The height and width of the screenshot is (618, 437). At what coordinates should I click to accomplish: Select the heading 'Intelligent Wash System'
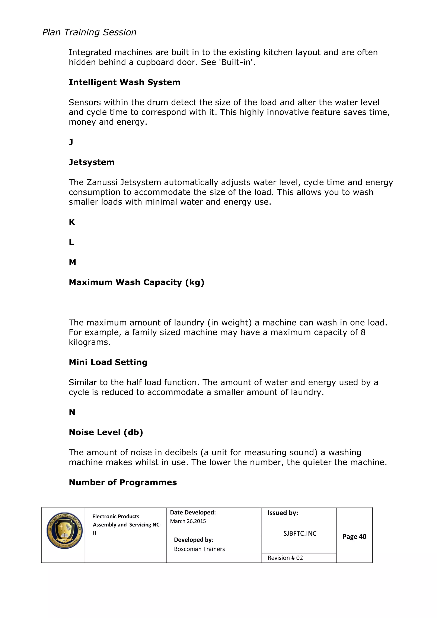[124, 82]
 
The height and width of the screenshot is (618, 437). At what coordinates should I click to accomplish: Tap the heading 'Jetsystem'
[92, 162]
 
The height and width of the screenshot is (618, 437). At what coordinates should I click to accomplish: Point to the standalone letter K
[72, 222]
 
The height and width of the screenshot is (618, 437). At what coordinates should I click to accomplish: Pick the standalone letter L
[71, 242]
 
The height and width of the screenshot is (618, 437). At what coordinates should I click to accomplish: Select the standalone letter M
[72, 262]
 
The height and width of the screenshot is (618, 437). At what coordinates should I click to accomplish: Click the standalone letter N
[72, 412]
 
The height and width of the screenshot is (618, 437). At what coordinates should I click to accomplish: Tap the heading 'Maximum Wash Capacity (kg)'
[136, 282]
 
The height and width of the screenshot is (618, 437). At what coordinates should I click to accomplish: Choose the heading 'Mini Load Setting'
[108, 362]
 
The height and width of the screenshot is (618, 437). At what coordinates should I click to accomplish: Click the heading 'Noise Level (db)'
[106, 432]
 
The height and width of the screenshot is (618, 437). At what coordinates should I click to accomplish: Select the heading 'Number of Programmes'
[123, 482]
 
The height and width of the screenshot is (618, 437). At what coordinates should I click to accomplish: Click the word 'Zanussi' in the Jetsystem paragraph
[102, 183]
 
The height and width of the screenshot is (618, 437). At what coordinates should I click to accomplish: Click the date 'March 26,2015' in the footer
[188, 521]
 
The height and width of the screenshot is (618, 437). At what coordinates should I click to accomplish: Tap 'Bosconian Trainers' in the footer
[199, 549]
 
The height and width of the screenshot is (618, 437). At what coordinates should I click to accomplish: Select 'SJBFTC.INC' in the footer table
[300, 533]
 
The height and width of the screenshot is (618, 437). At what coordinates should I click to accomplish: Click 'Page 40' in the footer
[354, 537]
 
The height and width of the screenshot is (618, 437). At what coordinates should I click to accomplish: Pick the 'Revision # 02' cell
[285, 558]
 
